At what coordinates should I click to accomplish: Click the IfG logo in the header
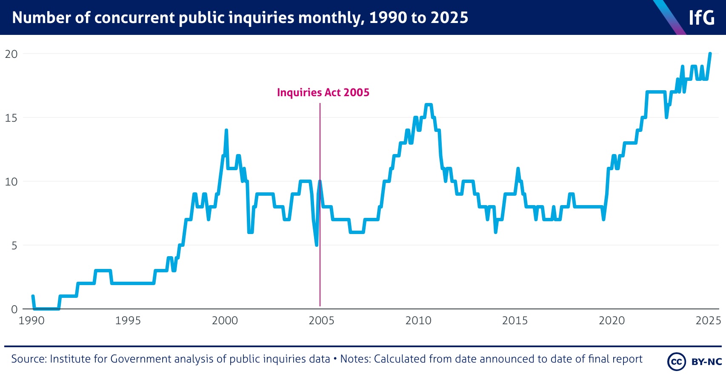click(701, 18)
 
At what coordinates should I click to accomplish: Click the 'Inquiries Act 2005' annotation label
click(323, 92)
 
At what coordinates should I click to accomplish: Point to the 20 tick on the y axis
click(11, 54)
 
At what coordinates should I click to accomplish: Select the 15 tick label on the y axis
click(11, 118)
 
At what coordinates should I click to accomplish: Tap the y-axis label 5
click(14, 246)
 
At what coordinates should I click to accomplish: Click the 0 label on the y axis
click(14, 309)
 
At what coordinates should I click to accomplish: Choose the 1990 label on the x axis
click(31, 320)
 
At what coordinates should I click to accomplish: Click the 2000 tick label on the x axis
click(225, 320)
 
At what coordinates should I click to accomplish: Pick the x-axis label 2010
click(418, 320)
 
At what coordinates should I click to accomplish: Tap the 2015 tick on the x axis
click(515, 320)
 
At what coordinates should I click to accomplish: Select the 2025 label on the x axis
click(708, 320)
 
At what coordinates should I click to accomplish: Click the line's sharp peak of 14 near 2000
click(226, 131)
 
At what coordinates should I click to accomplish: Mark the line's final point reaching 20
click(710, 54)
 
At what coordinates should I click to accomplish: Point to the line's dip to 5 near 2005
click(317, 245)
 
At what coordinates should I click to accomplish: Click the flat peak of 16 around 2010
click(429, 105)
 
